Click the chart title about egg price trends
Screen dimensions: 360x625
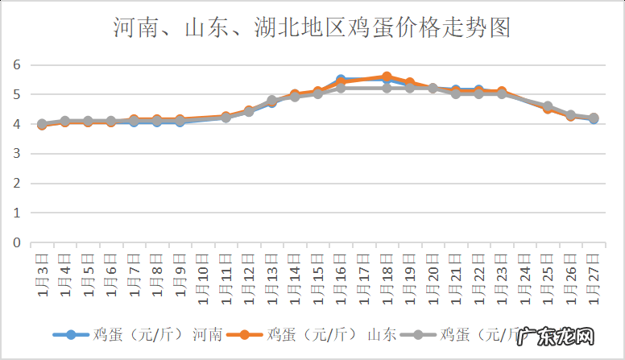[x=312, y=28]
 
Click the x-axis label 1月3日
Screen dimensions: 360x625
[x=42, y=274]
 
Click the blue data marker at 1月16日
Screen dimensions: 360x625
[x=341, y=80]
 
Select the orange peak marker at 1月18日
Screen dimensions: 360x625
[x=387, y=77]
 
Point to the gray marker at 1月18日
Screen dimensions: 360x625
[x=387, y=88]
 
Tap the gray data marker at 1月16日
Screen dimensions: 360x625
[x=341, y=88]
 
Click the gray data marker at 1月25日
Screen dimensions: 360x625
[x=548, y=106]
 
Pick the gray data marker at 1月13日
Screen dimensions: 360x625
[x=272, y=101]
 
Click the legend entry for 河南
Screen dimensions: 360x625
[x=137, y=334]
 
